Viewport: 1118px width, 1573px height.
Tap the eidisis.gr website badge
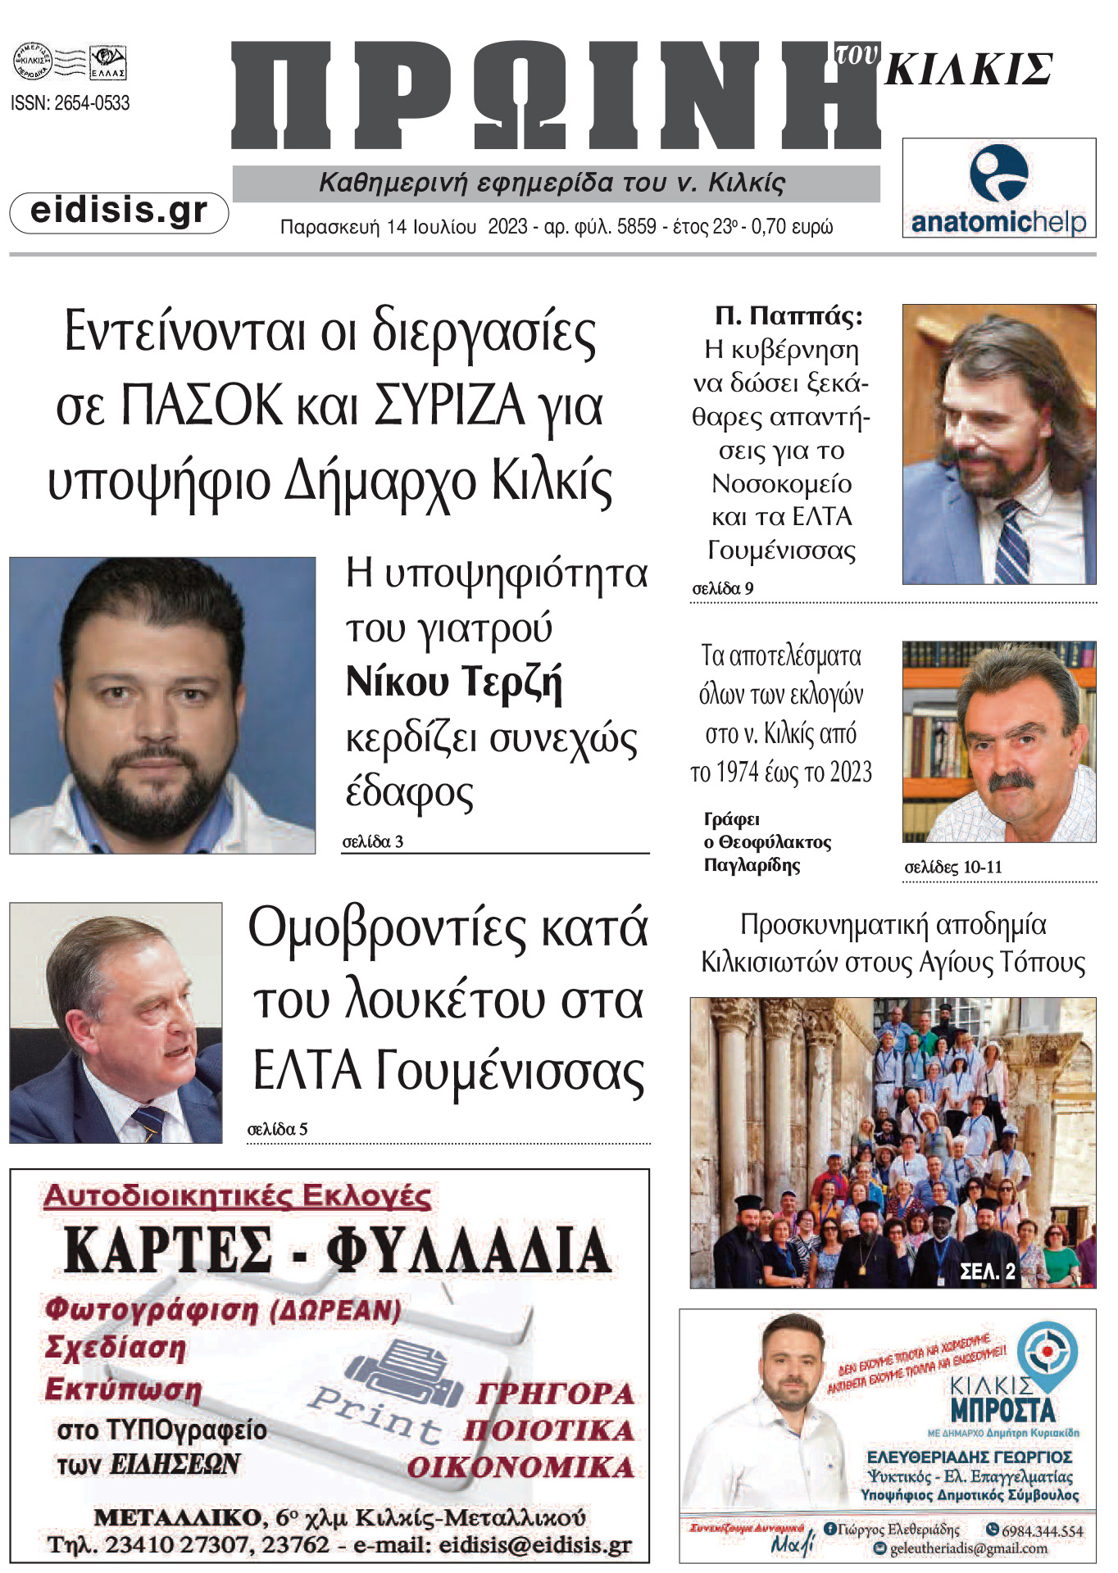(x=119, y=211)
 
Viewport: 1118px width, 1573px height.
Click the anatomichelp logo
(x=998, y=188)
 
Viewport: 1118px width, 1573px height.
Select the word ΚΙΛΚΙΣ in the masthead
(x=969, y=69)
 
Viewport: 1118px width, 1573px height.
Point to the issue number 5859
(x=636, y=227)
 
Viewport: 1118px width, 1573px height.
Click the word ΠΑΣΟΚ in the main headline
(x=201, y=406)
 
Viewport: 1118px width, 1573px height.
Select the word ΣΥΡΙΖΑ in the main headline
(x=449, y=406)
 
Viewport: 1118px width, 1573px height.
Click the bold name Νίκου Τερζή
(x=454, y=682)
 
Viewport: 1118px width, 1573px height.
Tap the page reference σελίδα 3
(x=372, y=841)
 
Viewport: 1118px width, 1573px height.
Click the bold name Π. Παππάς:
(x=789, y=315)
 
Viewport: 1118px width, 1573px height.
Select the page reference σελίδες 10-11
(x=953, y=867)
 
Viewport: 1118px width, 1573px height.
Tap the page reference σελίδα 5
(x=277, y=1129)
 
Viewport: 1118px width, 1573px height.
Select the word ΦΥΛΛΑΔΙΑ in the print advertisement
(x=468, y=1250)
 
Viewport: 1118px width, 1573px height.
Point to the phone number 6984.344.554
(x=1041, y=1530)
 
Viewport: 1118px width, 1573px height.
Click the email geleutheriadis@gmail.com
(x=968, y=1548)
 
